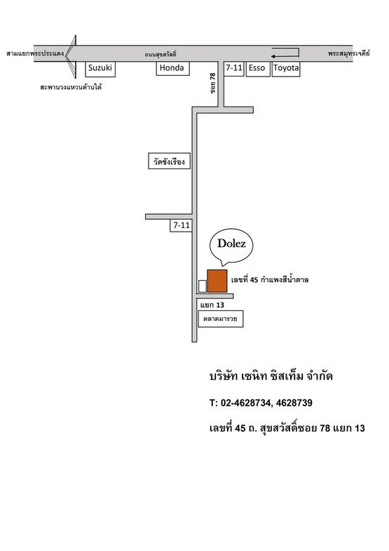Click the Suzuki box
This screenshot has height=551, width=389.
[100, 69]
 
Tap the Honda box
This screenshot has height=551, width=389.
[172, 68]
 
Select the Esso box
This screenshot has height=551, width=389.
[258, 69]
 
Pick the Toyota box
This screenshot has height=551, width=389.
[286, 69]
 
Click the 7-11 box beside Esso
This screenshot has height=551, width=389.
[234, 69]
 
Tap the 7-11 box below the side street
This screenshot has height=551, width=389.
[182, 225]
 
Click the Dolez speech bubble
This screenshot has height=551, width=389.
[231, 246]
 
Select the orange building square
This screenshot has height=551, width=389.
[217, 281]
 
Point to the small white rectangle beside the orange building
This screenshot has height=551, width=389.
[203, 286]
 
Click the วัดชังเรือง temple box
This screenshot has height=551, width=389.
[169, 161]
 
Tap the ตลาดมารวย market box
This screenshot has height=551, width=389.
[221, 319]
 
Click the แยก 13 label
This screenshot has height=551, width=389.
[212, 305]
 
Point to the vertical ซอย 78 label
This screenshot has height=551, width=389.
[213, 83]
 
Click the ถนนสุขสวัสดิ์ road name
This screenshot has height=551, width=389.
[161, 54]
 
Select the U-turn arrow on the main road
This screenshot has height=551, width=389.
[285, 53]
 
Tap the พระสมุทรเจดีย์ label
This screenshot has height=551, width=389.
[349, 53]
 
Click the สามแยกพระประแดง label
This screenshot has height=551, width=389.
[35, 53]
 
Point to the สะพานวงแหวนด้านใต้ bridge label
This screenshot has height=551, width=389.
[71, 87]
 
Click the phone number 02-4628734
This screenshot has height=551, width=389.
[245, 403]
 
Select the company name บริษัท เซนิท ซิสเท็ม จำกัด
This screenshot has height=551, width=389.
[271, 376]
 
